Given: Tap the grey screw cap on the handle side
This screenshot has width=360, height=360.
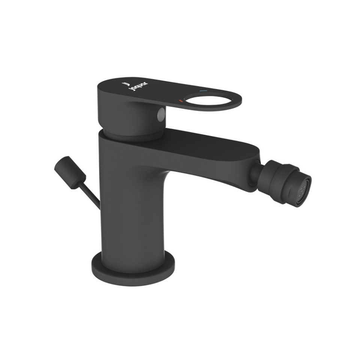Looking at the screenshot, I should click(161, 113).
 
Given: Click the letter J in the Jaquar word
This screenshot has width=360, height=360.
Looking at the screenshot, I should click(129, 90).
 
